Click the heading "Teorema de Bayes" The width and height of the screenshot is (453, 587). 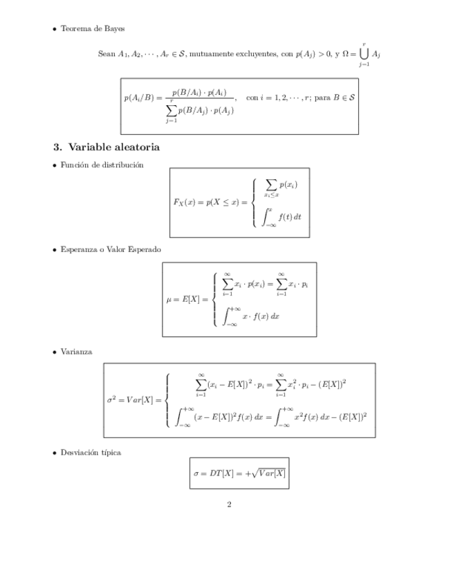coord(93,28)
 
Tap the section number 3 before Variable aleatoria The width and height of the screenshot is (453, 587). coord(57,147)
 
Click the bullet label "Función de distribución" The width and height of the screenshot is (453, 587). coord(102,165)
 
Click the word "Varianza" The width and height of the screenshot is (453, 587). coord(76,352)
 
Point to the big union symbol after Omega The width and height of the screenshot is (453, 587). coord(363,53)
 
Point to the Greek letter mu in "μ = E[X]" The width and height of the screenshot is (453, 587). coord(170,299)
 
